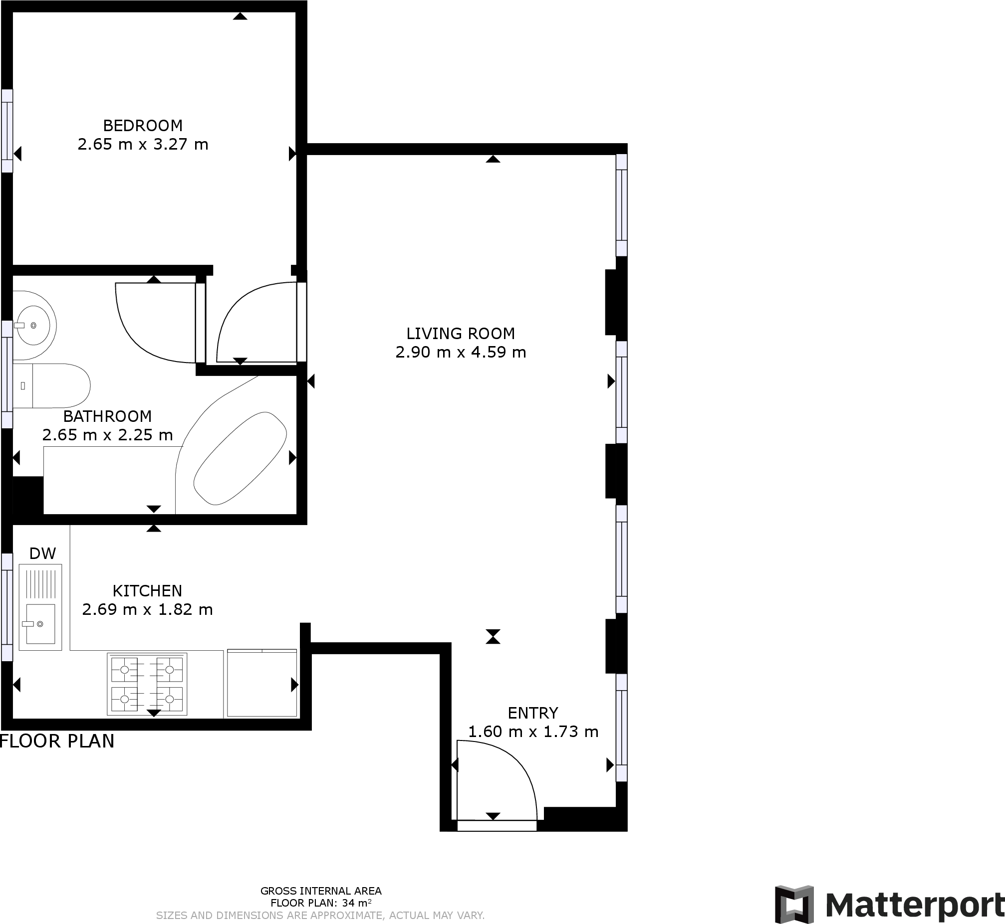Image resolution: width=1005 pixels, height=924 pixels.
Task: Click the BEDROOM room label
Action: [143, 126]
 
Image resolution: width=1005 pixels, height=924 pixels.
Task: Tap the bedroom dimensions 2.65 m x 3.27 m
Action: [143, 145]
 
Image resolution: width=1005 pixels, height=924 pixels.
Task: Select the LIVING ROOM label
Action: [460, 334]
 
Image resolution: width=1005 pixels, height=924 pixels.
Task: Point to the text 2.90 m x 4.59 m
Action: [460, 353]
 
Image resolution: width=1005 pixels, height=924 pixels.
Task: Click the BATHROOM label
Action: [107, 416]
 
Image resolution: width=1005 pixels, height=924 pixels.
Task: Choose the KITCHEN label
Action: [147, 591]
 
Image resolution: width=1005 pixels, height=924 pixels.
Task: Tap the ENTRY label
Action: [533, 713]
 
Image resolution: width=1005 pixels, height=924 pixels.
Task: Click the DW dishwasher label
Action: [42, 554]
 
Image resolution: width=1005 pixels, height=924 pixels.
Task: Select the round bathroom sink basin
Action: [34, 326]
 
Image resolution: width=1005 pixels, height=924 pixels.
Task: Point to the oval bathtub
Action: [240, 458]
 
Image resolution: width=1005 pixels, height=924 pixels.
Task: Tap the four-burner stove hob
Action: [147, 684]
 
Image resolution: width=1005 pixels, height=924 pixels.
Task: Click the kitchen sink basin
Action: [40, 623]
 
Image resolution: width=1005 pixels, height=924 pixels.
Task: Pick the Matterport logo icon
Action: [794, 905]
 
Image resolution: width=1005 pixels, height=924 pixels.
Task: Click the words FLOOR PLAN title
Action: [57, 741]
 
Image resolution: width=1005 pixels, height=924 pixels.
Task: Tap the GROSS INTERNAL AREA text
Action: [321, 891]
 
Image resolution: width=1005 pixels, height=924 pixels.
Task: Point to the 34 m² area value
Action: [356, 903]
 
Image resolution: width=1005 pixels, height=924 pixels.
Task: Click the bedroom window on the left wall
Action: [7, 131]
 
